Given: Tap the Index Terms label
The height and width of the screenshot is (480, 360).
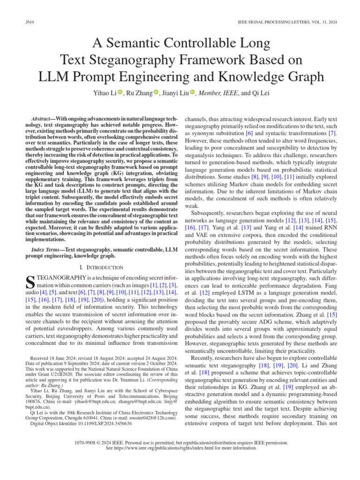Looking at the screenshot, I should point(46,249).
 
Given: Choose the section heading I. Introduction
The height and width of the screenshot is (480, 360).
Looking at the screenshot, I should point(102,267).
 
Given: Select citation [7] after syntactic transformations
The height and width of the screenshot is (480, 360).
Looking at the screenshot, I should point(332,133).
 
